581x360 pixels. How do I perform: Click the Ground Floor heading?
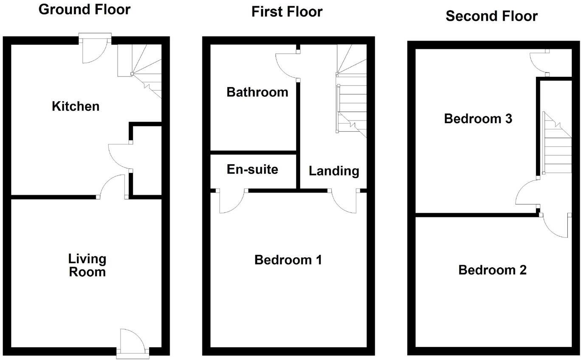pos(85,9)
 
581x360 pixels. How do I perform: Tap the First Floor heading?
pos(287,11)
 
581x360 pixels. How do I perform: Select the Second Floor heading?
pos(491,16)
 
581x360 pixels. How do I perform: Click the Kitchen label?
pos(76,106)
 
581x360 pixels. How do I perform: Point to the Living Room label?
pos(87,265)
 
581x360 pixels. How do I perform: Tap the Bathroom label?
pos(257,92)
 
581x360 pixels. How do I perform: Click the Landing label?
pos(334,171)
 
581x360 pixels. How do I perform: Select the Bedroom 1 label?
pos(288,259)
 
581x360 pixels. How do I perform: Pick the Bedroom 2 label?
pos(492,270)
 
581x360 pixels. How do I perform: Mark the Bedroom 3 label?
pos(478,119)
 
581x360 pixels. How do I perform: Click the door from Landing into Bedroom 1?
pos(344,200)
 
